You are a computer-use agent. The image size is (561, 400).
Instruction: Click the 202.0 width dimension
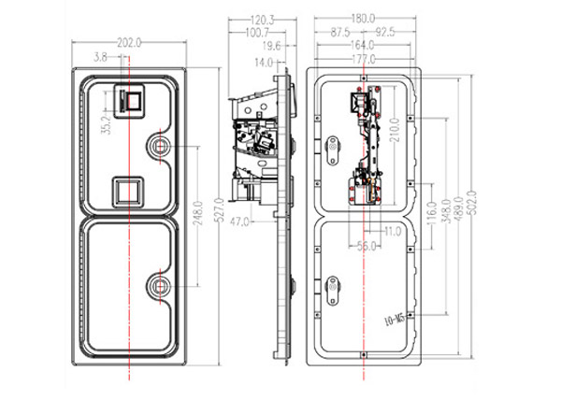(x=129, y=43)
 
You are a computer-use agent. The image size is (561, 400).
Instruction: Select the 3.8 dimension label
(x=100, y=57)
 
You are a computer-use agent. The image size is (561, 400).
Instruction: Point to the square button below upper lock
(x=126, y=191)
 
